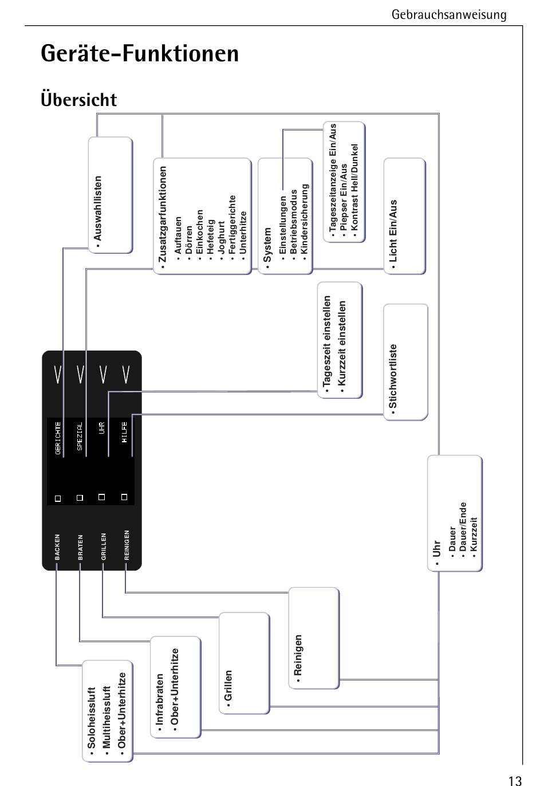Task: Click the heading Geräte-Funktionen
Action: (140, 54)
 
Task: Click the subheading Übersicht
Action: (78, 100)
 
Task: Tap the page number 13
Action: (514, 780)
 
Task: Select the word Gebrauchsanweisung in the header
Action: (449, 14)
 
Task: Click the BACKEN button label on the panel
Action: (57, 547)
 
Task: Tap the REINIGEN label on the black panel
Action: (127, 545)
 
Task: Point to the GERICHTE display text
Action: (58, 438)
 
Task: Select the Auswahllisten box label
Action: (98, 209)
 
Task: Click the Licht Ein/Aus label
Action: (393, 230)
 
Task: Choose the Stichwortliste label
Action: (393, 376)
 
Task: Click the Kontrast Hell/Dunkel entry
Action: (354, 187)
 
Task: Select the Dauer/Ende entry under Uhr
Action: (463, 526)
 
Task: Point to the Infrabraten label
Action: (160, 699)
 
